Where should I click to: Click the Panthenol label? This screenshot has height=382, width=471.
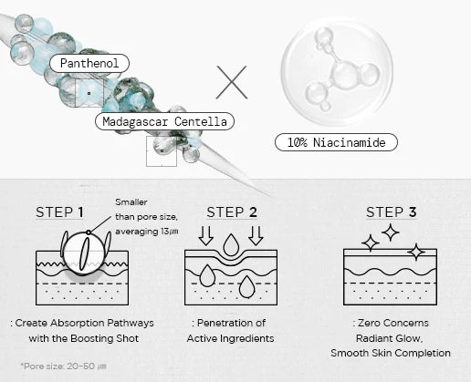(89, 63)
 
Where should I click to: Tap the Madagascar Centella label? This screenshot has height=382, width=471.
(164, 121)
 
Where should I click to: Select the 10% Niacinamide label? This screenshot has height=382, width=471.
(336, 142)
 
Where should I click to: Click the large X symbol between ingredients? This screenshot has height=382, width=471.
(232, 82)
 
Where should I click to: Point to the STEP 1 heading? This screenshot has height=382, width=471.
(59, 212)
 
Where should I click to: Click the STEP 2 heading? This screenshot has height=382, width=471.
(232, 212)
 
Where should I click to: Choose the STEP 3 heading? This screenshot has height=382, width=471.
(392, 212)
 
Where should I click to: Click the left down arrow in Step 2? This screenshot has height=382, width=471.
(206, 235)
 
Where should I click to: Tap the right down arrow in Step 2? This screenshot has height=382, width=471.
(256, 235)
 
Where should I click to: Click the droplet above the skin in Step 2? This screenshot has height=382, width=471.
(231, 245)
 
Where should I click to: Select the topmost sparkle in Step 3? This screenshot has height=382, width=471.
(391, 232)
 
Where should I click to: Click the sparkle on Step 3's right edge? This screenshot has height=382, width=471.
(416, 252)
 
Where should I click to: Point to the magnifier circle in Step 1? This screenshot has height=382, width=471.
(84, 253)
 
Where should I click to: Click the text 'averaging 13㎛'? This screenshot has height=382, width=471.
(147, 232)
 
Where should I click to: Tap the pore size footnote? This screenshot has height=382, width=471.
(63, 366)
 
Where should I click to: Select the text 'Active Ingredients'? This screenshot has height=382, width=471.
(230, 338)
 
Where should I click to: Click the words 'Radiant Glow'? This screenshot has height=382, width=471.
(389, 338)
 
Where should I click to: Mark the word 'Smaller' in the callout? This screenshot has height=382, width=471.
(131, 202)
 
